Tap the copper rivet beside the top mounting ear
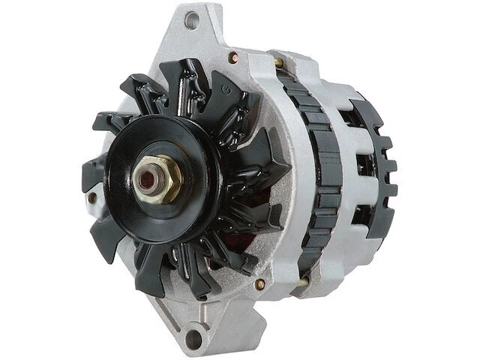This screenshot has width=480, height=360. pyautogui.click(x=239, y=55)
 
